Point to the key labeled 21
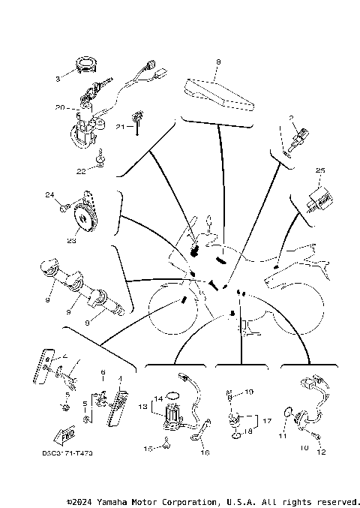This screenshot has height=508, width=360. pos(138,119)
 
